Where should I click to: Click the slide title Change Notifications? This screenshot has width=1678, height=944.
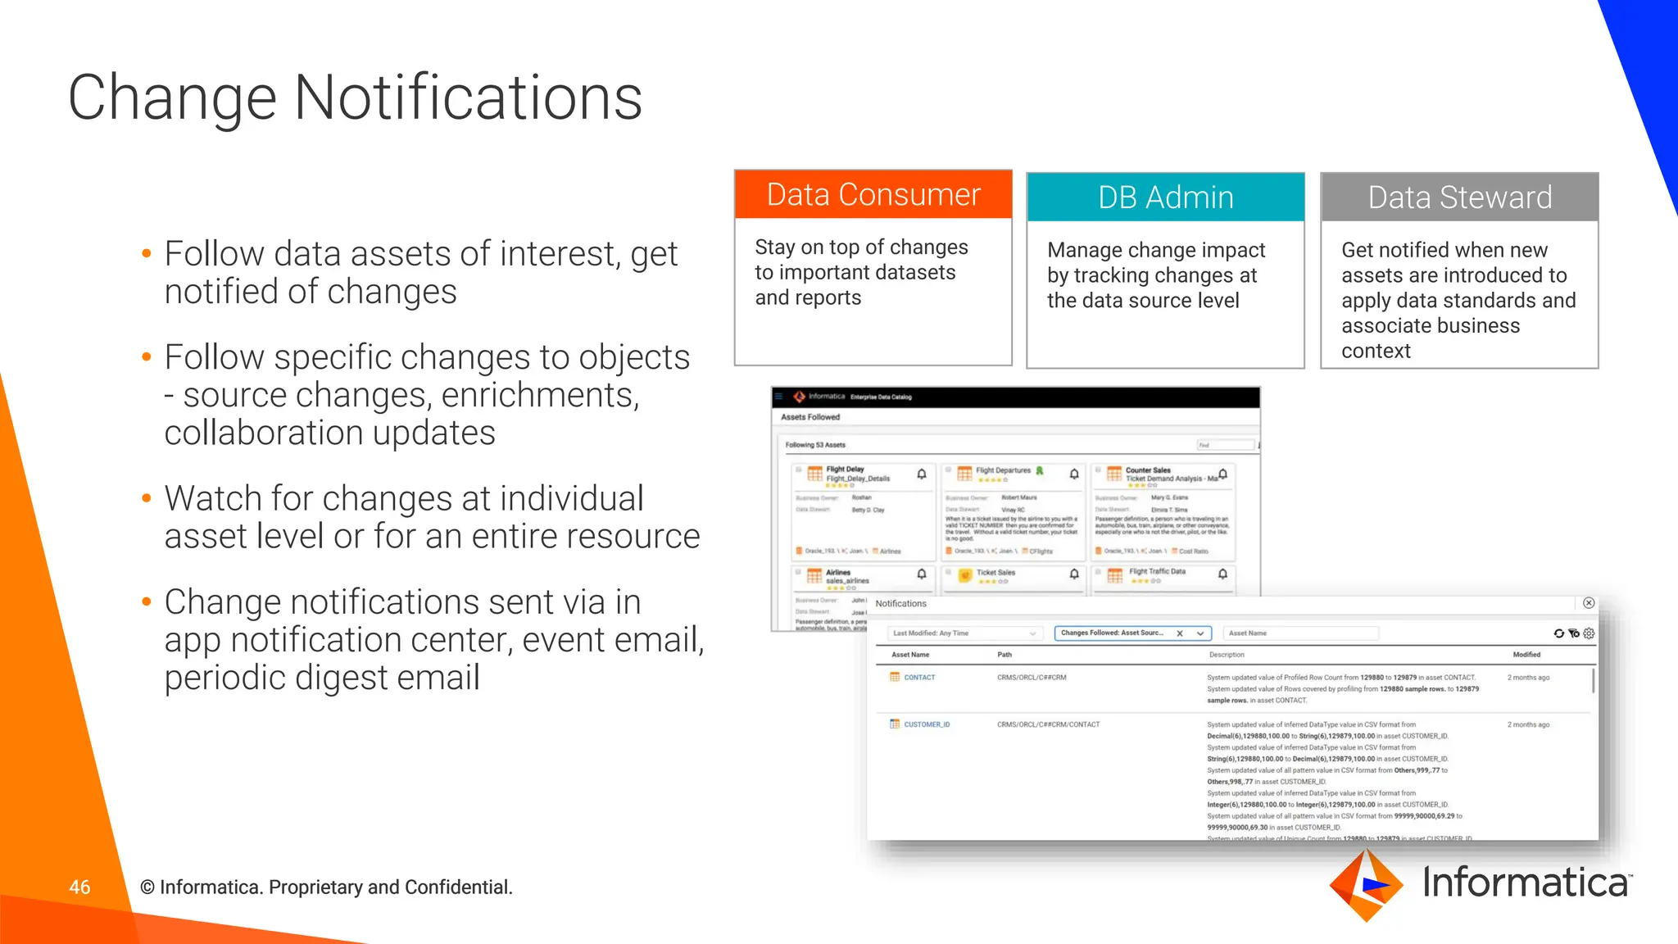pyautogui.click(x=355, y=98)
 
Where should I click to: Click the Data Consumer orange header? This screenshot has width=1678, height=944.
pyautogui.click(x=873, y=195)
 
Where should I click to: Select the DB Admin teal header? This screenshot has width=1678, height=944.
pyautogui.click(x=1165, y=197)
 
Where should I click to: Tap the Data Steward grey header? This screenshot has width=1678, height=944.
pyautogui.click(x=1459, y=197)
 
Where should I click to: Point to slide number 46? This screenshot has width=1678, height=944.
pyautogui.click(x=79, y=887)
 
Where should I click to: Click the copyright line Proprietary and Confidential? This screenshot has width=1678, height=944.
pyautogui.click(x=326, y=887)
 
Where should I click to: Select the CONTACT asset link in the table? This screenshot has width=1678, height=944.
pyautogui.click(x=918, y=678)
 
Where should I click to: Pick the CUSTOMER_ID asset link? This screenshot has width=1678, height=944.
pyautogui.click(x=926, y=724)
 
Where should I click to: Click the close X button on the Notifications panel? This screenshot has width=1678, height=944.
pyautogui.click(x=1589, y=603)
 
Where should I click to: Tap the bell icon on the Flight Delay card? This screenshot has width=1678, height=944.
pyautogui.click(x=922, y=474)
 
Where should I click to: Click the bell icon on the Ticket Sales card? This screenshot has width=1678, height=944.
pyautogui.click(x=1074, y=574)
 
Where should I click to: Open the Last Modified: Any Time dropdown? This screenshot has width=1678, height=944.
pyautogui.click(x=964, y=633)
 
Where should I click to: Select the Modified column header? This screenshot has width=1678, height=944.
pyautogui.click(x=1526, y=655)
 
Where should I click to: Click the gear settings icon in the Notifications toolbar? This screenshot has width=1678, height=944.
pyautogui.click(x=1590, y=633)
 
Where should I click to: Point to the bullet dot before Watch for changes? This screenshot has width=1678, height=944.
pyautogui.click(x=147, y=498)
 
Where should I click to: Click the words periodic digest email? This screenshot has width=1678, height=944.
pyautogui.click(x=322, y=678)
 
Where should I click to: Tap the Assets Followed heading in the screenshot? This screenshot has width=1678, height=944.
pyautogui.click(x=810, y=417)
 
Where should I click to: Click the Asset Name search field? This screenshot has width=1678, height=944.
pyautogui.click(x=1300, y=633)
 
